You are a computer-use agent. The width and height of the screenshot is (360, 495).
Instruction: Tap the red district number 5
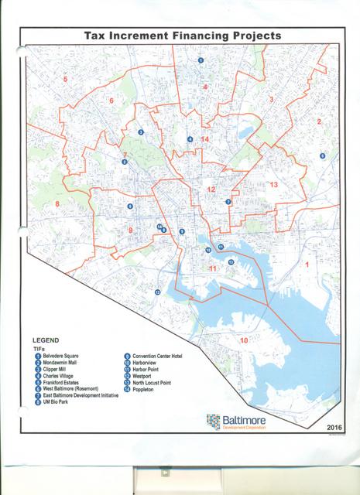click(65, 80)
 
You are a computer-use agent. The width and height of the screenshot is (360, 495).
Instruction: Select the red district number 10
click(243, 341)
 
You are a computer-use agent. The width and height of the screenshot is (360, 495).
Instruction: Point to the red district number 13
click(273, 185)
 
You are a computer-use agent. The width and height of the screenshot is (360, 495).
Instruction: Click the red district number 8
click(57, 203)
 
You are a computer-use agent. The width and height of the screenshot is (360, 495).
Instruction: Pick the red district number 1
click(307, 265)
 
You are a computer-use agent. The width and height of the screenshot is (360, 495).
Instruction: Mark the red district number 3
click(271, 100)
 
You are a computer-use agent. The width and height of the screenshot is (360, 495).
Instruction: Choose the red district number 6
click(111, 101)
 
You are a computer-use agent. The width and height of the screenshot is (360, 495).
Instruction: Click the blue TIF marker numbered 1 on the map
click(201, 60)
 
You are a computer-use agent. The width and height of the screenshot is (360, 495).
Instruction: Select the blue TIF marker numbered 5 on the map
click(322, 155)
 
